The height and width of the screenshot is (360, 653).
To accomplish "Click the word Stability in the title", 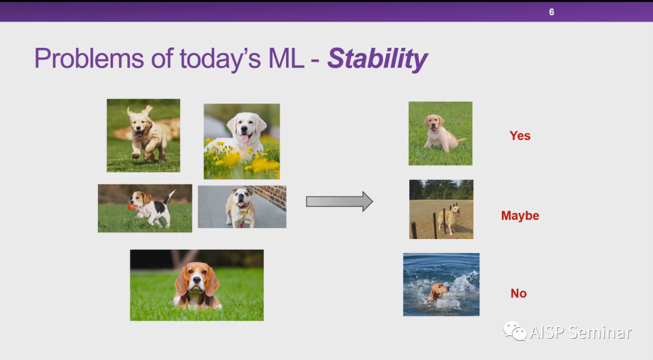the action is tap(377, 59).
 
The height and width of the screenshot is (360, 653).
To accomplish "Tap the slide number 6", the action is tap(551, 12).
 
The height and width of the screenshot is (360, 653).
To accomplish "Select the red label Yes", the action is tap(520, 136).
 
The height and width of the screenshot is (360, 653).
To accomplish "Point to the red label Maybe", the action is tap(520, 215).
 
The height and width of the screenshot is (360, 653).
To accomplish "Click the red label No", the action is tap(519, 293).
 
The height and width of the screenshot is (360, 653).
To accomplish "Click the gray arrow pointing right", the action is tap(339, 201).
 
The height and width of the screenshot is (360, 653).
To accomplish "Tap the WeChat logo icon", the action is tap(515, 332).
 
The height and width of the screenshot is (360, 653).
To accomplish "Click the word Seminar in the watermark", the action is tap(600, 333).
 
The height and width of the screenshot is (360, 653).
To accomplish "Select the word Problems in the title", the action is tap(89, 59).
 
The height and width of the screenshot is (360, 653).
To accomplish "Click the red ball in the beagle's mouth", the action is tap(132, 206).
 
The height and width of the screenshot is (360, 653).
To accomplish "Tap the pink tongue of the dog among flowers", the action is tap(244, 137).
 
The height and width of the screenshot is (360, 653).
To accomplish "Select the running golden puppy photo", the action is tap(143, 136).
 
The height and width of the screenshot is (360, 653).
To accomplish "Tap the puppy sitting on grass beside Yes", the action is tap(440, 133).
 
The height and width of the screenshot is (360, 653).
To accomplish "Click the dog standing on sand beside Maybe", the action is tap(450, 220).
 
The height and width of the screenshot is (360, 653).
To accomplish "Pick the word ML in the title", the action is tap(285, 59).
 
